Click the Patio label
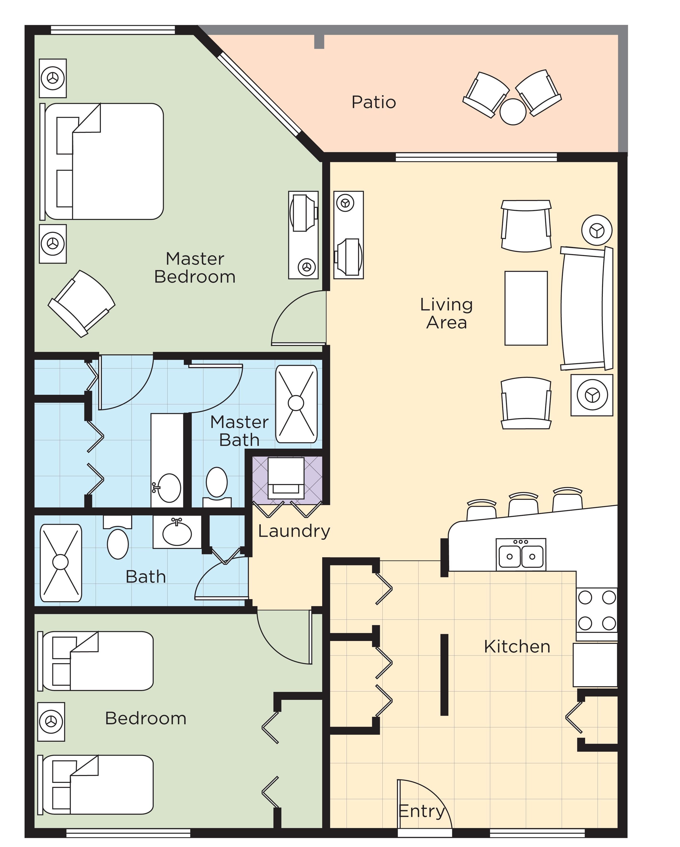pos(374,102)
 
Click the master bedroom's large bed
pos(104,161)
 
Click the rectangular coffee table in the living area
pos(526,308)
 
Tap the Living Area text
pos(446,313)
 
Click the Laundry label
pos(294,531)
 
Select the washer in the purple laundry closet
pos(286,478)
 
